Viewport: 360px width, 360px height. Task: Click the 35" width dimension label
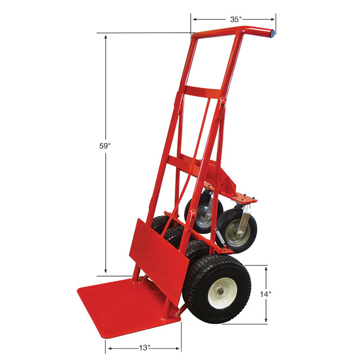pyautogui.click(x=236, y=19)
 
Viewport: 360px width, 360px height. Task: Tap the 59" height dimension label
pyautogui.click(x=105, y=146)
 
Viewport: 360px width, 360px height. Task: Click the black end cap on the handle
pyautogui.click(x=272, y=34)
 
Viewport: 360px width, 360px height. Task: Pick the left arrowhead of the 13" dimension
pyautogui.click(x=108, y=348)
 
